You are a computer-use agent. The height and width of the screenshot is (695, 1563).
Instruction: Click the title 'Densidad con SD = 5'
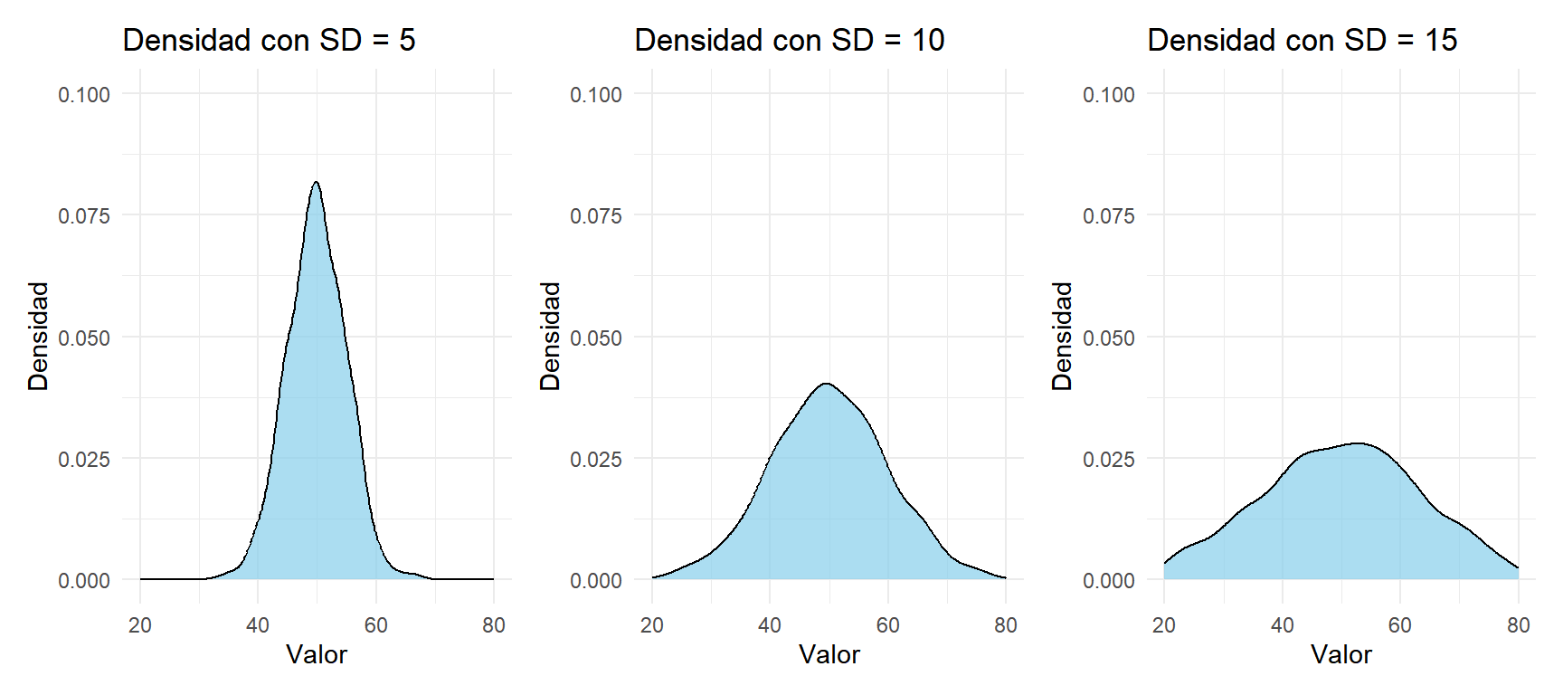pos(269,40)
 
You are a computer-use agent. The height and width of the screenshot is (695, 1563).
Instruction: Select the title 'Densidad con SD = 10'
pos(790,40)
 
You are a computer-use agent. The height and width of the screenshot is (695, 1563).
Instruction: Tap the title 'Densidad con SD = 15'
pos(1302,40)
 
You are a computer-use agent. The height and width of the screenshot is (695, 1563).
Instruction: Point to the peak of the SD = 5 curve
pos(316,182)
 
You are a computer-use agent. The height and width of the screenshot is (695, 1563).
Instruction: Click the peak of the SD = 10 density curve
pos(826,383)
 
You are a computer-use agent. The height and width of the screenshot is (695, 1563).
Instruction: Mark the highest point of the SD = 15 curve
pos(1359,443)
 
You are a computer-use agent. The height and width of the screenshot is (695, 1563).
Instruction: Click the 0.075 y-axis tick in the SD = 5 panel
pos(84,215)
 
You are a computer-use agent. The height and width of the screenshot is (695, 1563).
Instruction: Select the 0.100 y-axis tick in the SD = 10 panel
pos(596,94)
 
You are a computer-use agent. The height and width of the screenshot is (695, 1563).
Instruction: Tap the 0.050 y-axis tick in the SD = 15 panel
pos(1109,338)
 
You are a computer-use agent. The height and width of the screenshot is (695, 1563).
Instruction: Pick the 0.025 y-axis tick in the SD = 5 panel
pos(84,459)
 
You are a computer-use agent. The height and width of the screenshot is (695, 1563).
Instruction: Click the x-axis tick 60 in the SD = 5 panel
pos(376,625)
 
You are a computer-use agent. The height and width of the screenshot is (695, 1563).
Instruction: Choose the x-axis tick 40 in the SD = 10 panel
pos(770,625)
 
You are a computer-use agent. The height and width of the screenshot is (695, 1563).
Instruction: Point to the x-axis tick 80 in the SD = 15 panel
pos(1519,625)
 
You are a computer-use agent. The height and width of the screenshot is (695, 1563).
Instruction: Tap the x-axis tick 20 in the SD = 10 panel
pos(652,625)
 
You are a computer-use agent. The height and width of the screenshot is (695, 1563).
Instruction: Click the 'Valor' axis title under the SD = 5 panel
pos(317,654)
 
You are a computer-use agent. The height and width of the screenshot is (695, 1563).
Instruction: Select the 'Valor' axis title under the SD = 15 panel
pos(1341,654)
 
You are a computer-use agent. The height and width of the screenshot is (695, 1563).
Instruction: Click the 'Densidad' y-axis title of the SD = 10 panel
pos(550,336)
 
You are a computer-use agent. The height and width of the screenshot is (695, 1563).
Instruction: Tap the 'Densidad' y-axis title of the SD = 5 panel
pos(38,336)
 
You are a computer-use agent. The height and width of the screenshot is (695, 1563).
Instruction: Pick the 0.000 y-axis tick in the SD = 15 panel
pos(1109,580)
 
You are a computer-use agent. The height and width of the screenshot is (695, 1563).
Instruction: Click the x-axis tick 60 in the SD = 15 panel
pos(1400,625)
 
